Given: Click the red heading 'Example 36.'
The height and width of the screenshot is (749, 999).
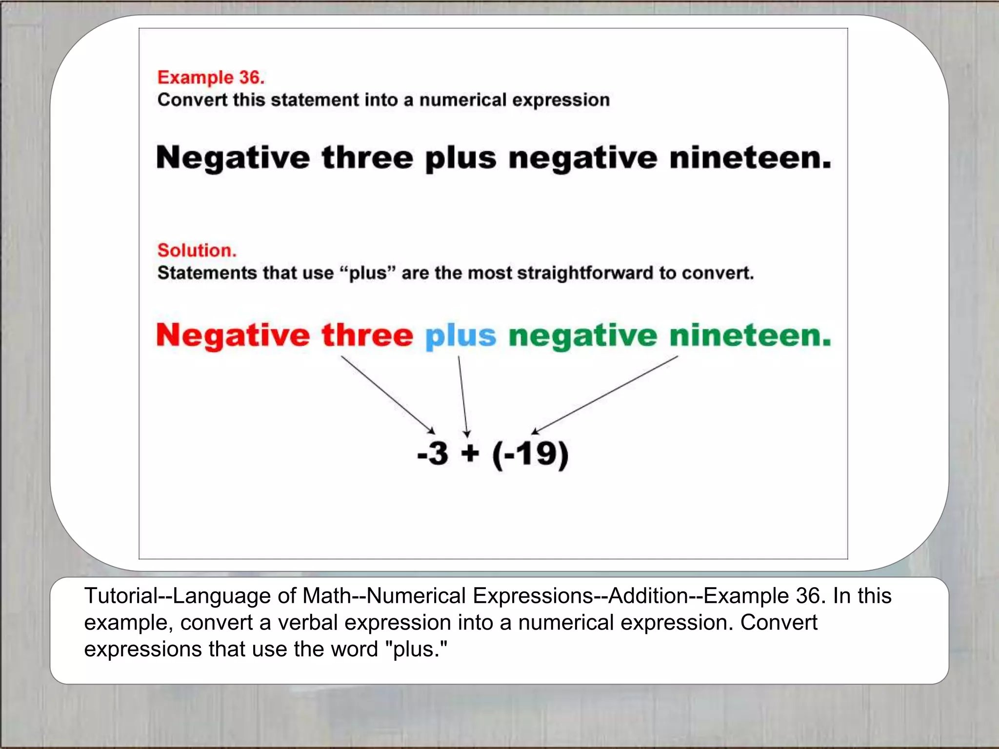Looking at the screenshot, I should click(x=211, y=78).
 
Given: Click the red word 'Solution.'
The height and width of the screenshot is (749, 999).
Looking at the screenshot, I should click(x=197, y=250).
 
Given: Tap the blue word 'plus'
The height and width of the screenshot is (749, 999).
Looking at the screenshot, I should click(x=460, y=336).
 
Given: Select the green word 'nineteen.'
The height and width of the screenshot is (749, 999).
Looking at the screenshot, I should click(x=750, y=336).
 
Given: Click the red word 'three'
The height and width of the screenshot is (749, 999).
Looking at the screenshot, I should click(x=367, y=336).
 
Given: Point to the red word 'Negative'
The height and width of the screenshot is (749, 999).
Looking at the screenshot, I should click(x=233, y=336).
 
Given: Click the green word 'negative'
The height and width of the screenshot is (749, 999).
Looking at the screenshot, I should click(x=583, y=336).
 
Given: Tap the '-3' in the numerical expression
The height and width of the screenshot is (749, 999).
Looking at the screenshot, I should click(x=433, y=453).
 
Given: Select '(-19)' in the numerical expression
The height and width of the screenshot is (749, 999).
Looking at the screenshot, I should click(x=530, y=454).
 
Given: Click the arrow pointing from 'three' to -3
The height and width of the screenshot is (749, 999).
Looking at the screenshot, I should click(x=388, y=394).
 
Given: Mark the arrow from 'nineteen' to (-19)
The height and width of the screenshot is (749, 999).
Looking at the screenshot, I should click(x=605, y=395).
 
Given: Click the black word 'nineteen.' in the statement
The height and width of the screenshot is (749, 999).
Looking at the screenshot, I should click(x=750, y=158).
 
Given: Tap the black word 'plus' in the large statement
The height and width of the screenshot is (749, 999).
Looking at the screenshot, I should click(x=460, y=159).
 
